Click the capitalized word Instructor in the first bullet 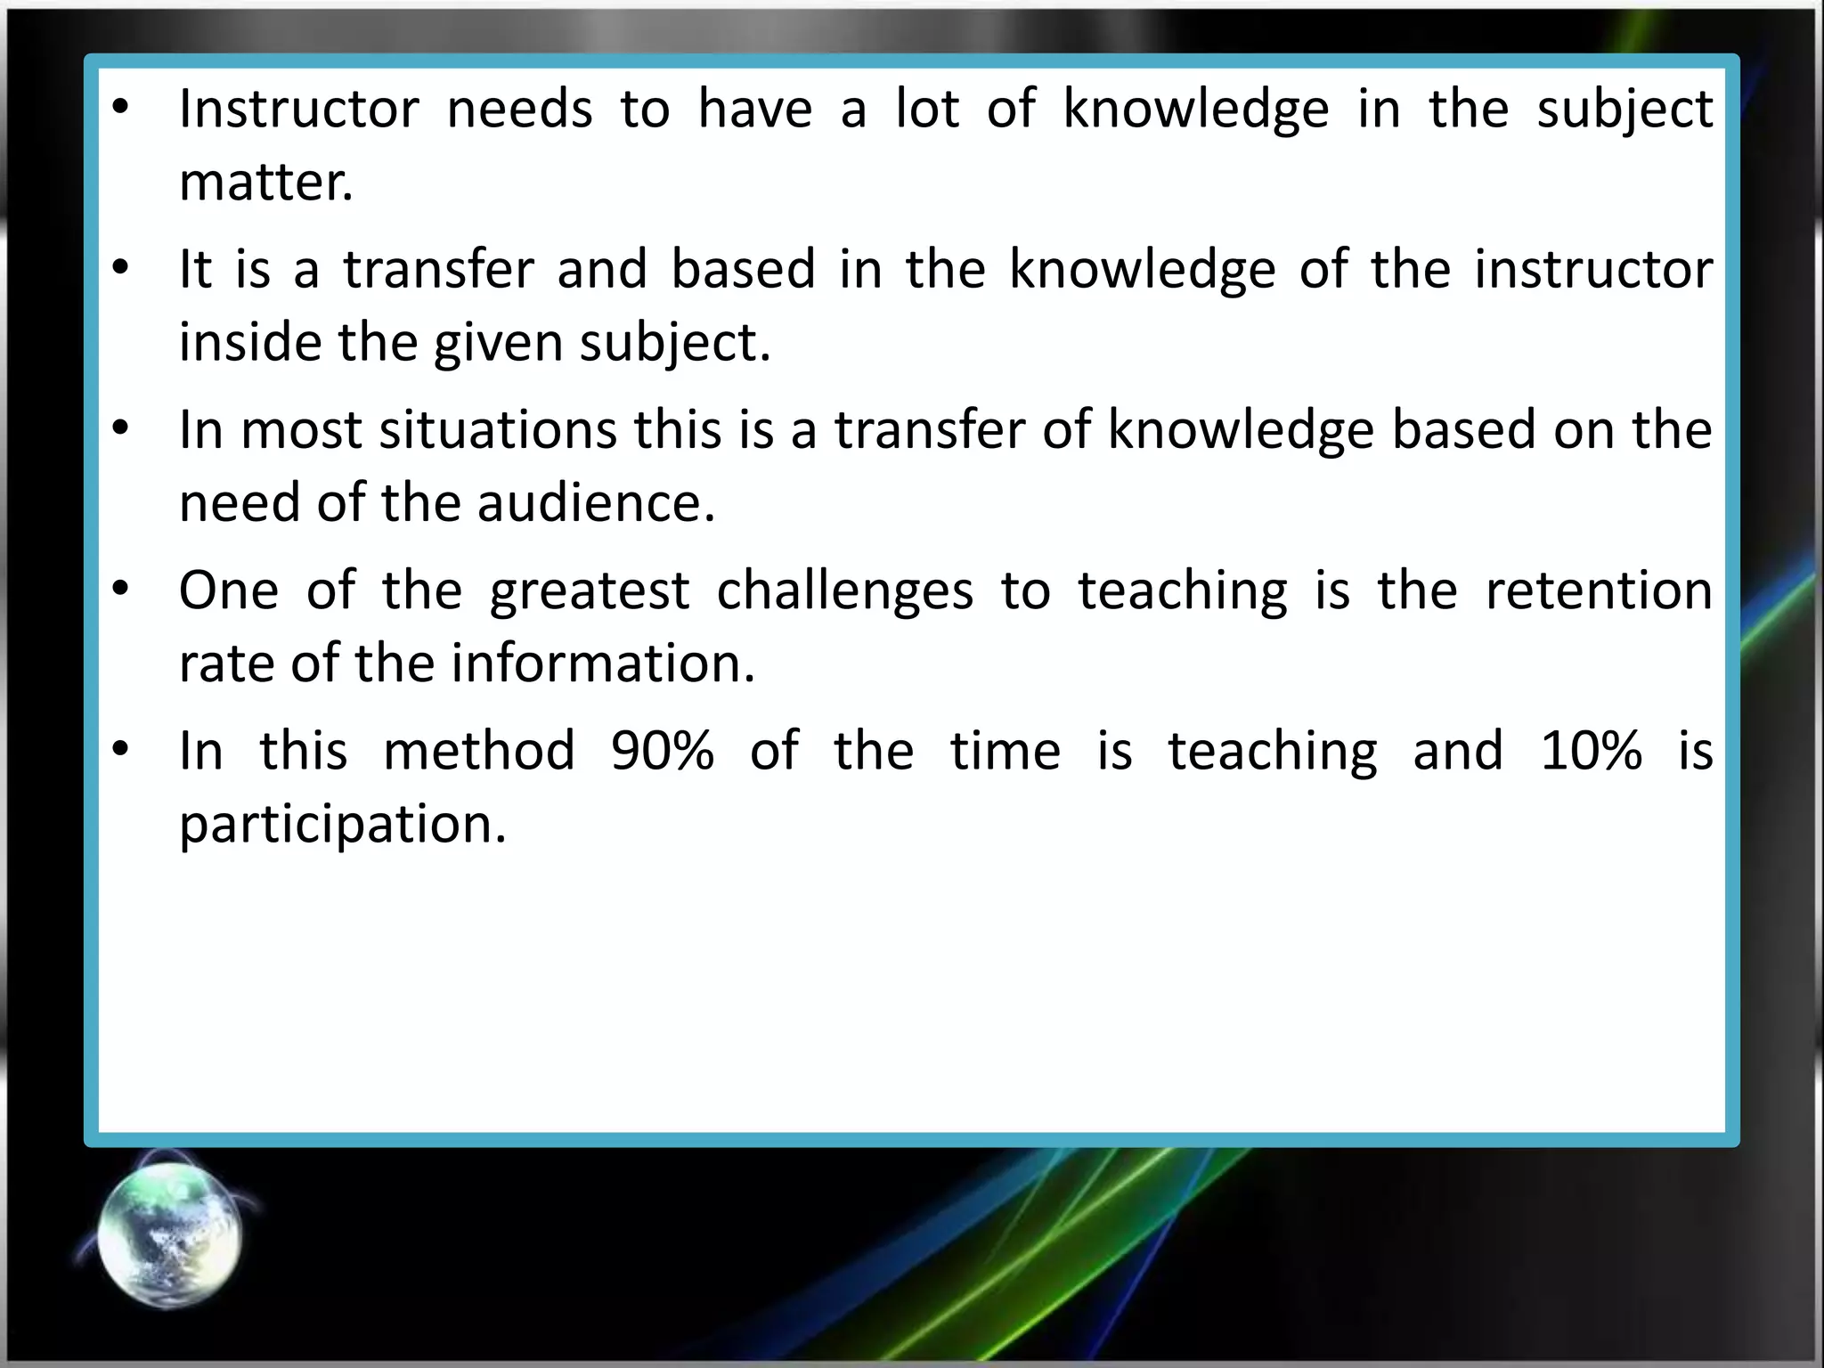298,109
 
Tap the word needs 519,109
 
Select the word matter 265,182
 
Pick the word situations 497,430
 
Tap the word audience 596,503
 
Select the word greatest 589,591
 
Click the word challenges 844,591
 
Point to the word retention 1599,590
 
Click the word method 479,751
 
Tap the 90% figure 663,751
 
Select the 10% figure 1591,751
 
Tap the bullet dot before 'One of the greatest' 122,590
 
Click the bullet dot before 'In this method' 122,750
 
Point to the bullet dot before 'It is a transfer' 122,268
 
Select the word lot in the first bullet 927,109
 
